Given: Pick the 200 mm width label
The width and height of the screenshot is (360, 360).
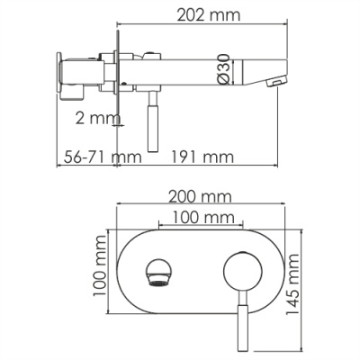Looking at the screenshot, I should coord(200,196).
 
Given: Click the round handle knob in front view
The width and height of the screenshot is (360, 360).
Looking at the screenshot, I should coord(238,270).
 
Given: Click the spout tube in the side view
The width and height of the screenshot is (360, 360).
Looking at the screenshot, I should coord(198,71).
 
